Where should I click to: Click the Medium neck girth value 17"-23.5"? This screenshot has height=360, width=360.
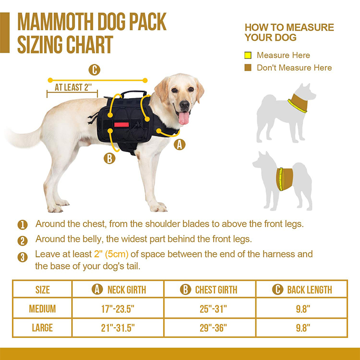(118, 309)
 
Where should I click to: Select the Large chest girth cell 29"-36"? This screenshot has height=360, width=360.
(213, 328)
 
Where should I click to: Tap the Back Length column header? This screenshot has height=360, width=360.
(302, 289)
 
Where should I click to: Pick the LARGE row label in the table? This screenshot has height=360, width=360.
(42, 328)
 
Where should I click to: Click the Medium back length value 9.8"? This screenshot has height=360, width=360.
(303, 309)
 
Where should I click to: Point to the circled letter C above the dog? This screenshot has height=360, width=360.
(94, 70)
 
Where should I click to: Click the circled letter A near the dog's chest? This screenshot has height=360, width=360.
(180, 144)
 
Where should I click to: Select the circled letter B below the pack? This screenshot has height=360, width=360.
(109, 158)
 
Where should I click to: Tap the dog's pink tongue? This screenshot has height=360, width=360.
(184, 118)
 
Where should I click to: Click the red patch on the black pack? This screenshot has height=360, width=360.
(121, 125)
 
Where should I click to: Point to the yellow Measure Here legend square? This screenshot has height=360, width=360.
(248, 55)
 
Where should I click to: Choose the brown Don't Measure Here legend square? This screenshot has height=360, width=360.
(248, 68)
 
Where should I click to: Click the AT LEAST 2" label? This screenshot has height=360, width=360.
(73, 87)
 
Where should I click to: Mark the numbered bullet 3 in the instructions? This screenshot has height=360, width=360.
(22, 257)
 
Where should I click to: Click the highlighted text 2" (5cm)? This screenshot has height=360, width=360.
(111, 254)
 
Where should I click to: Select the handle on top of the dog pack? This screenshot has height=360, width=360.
(134, 94)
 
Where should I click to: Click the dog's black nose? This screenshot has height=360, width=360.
(184, 105)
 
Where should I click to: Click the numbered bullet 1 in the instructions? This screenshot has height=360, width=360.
(22, 225)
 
